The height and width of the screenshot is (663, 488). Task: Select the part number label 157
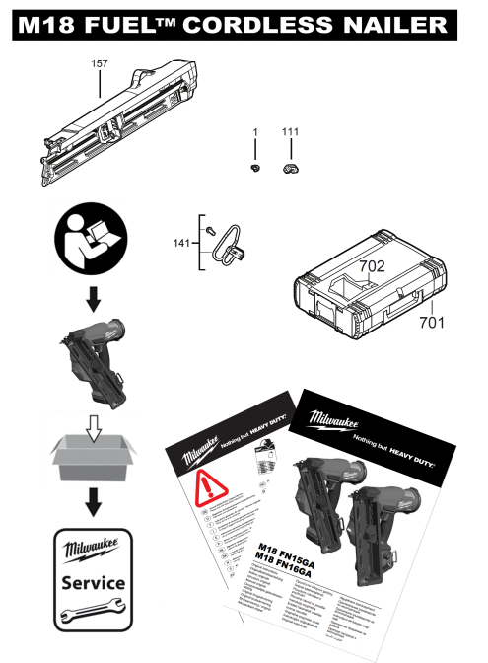(100, 63)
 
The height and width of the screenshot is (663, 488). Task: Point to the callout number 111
(290, 132)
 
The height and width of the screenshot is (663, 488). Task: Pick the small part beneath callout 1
(254, 170)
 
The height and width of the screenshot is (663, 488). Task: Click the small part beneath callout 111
(290, 170)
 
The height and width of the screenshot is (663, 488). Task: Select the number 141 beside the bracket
(182, 241)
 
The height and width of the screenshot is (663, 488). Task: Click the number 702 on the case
(372, 266)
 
